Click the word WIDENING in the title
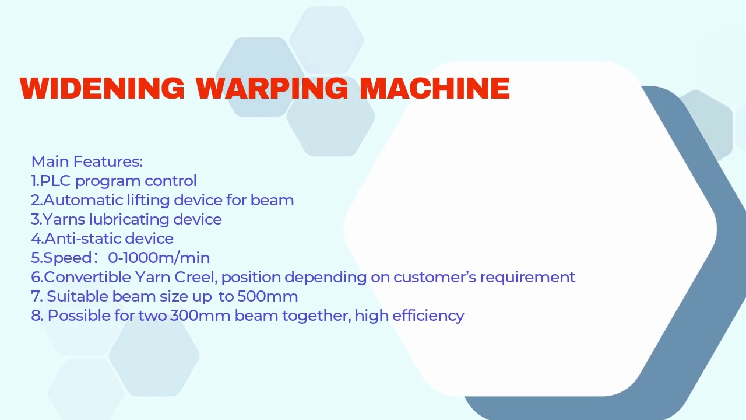tap(102, 89)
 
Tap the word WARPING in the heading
tap(272, 89)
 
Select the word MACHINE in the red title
tap(435, 89)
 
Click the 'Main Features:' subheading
tap(87, 162)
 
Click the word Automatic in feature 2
tap(83, 200)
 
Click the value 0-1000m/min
tap(159, 258)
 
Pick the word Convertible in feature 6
tap(87, 277)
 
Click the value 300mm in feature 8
tap(200, 316)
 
